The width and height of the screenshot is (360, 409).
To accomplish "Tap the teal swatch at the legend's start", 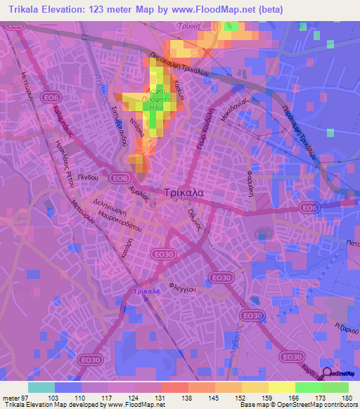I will click(x=41, y=387).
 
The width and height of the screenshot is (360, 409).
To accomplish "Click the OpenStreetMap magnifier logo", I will click(x=328, y=373).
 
